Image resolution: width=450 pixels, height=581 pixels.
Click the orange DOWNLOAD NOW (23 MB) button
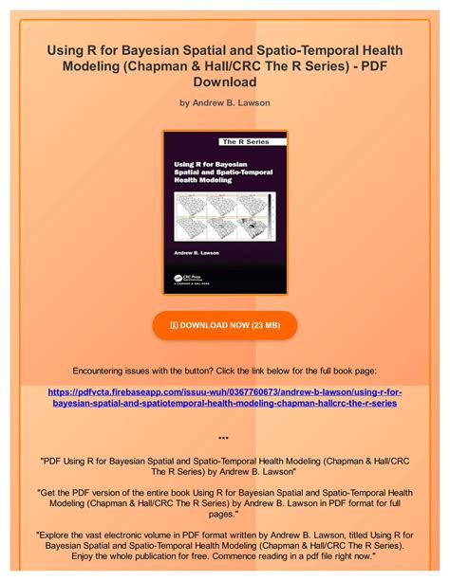click(x=224, y=325)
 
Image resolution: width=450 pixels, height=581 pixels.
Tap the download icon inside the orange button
click(x=174, y=325)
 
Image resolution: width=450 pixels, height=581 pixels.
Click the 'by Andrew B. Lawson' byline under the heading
click(x=224, y=101)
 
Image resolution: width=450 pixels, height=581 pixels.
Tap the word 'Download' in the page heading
click(x=224, y=82)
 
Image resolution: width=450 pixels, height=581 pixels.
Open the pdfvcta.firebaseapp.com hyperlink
click(x=224, y=396)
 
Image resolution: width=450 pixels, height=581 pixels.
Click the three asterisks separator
click(x=224, y=439)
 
